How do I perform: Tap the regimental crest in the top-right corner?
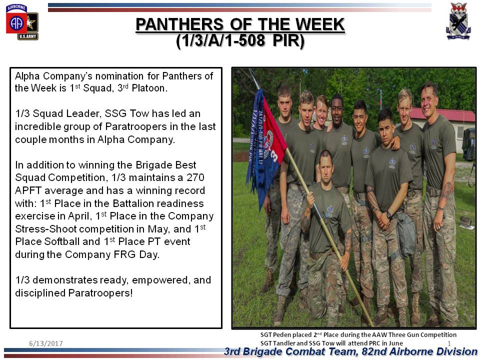click(x=458, y=21)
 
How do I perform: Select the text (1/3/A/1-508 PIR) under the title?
click(x=240, y=40)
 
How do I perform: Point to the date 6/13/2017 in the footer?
click(x=46, y=343)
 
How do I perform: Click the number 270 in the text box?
click(x=195, y=177)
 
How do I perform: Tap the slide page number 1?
click(x=449, y=343)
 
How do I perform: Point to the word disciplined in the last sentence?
click(x=40, y=293)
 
